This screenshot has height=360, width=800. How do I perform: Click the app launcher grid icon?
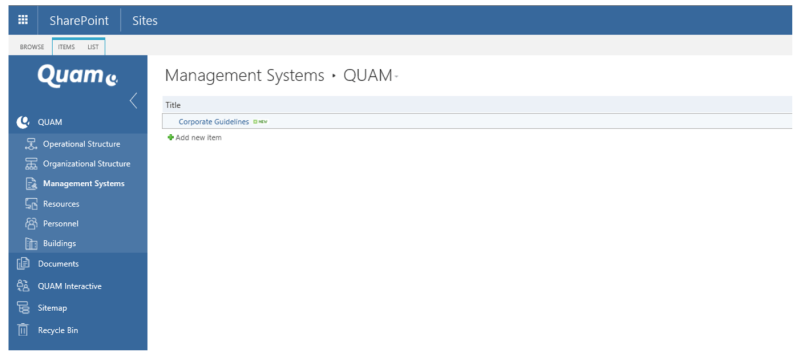(22, 20)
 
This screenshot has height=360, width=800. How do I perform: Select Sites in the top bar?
(144, 20)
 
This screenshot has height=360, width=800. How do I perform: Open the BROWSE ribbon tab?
(31, 46)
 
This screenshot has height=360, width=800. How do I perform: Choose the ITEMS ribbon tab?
(66, 46)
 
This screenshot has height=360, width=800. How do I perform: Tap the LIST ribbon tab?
(92, 46)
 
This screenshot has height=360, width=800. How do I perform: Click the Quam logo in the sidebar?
(77, 74)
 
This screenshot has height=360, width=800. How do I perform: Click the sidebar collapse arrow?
(134, 100)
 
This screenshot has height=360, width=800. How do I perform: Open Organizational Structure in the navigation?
(86, 164)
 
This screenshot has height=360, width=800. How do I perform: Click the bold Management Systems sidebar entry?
(83, 184)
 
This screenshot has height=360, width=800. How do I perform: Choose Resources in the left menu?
(61, 204)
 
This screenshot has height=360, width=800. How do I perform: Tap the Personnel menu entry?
(60, 224)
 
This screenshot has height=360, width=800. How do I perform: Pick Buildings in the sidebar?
(59, 244)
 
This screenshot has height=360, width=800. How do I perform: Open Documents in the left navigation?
(58, 264)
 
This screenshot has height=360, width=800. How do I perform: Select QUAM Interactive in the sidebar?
(69, 286)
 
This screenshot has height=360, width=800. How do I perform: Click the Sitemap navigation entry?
(52, 308)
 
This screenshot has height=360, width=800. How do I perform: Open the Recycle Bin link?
(59, 329)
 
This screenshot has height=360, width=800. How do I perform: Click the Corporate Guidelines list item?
(213, 122)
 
